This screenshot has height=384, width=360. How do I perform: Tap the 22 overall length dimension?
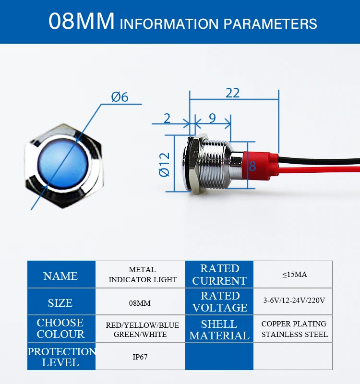pyautogui.click(x=233, y=93)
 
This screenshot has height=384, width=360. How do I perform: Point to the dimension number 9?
pyautogui.click(x=212, y=118)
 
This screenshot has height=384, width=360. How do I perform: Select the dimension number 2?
pyautogui.click(x=167, y=118)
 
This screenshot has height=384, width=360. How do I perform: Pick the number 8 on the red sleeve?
pyautogui.click(x=252, y=166)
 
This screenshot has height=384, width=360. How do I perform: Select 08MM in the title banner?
pyautogui.click(x=82, y=22)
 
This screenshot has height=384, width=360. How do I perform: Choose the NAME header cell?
pyautogui.click(x=60, y=276)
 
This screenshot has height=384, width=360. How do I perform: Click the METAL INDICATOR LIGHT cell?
pyautogui.click(x=143, y=275)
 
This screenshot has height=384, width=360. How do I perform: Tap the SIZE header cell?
pyautogui.click(x=60, y=303)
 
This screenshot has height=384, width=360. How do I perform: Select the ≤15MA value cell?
pyautogui.click(x=294, y=275)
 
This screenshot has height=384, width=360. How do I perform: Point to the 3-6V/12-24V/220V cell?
pyautogui.click(x=294, y=301)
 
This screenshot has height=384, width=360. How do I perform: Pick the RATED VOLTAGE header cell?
pyautogui.click(x=220, y=301)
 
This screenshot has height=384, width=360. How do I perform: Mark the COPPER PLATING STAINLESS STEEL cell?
pyautogui.click(x=294, y=329)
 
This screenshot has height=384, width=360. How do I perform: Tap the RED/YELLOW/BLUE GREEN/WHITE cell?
pyautogui.click(x=142, y=329)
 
